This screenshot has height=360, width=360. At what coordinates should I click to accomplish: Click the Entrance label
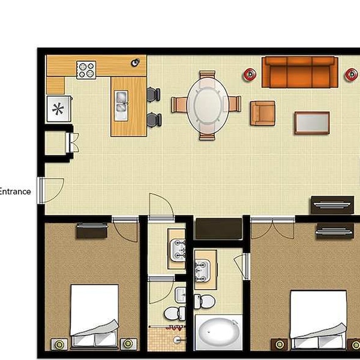click(x=15, y=191)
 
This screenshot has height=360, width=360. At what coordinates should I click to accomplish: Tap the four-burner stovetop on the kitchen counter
click(x=86, y=70)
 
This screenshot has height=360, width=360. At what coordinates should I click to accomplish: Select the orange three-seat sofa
click(x=300, y=73)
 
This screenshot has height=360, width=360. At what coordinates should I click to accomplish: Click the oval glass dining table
click(x=208, y=105)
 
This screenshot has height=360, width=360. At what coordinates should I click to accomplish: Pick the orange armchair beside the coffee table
click(x=263, y=113)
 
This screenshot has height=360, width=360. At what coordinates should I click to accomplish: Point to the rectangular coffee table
click(x=312, y=123)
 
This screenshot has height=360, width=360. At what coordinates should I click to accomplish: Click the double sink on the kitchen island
click(x=121, y=106)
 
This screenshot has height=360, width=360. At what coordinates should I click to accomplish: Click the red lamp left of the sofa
click(x=250, y=74)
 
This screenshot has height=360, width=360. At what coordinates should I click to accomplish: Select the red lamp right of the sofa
click(x=352, y=74)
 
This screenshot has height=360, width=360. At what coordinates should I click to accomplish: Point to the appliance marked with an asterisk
click(x=59, y=109)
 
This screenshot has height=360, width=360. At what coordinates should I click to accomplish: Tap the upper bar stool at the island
click(x=154, y=94)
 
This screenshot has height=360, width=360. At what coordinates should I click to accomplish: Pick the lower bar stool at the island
click(x=154, y=120)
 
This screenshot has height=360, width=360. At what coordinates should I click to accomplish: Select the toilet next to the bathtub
click(x=205, y=301)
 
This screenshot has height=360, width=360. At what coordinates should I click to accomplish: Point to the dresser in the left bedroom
click(x=92, y=230)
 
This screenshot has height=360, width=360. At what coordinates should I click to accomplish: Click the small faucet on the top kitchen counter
click(x=135, y=62)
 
